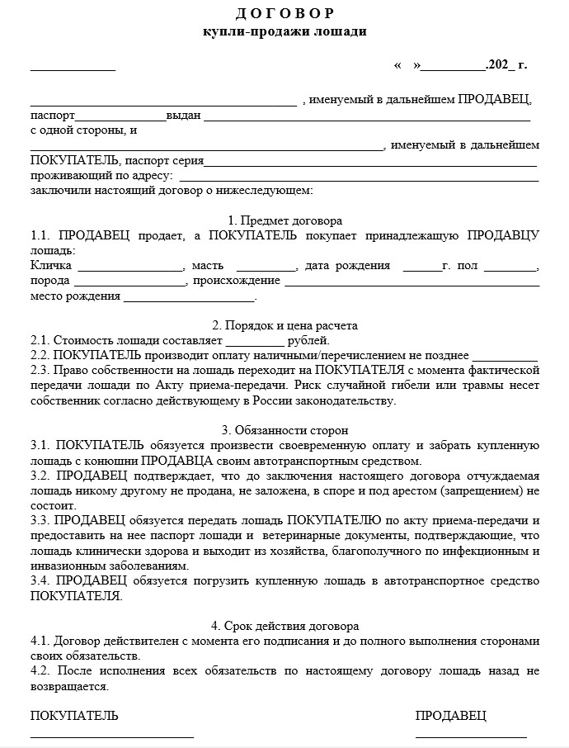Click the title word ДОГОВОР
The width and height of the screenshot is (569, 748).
pyautogui.click(x=284, y=15)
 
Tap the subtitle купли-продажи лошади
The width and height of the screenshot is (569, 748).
pyautogui.click(x=284, y=31)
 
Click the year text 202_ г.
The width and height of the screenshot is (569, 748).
pyautogui.click(x=506, y=64)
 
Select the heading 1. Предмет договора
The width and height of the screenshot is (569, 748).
pyautogui.click(x=284, y=220)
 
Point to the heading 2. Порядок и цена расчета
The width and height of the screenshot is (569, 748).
pyautogui.click(x=284, y=325)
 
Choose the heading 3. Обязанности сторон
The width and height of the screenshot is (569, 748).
pyautogui.click(x=284, y=430)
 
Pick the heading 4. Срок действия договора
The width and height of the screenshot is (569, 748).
pyautogui.click(x=284, y=626)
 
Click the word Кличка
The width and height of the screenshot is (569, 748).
pyautogui.click(x=51, y=266)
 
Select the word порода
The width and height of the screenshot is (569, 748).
pyautogui.click(x=50, y=281)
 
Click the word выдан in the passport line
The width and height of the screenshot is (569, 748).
pyautogui.click(x=183, y=116)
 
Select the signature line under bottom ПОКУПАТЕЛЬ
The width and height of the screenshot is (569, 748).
pyautogui.click(x=112, y=735)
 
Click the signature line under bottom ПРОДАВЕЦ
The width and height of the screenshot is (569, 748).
pyautogui.click(x=471, y=735)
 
